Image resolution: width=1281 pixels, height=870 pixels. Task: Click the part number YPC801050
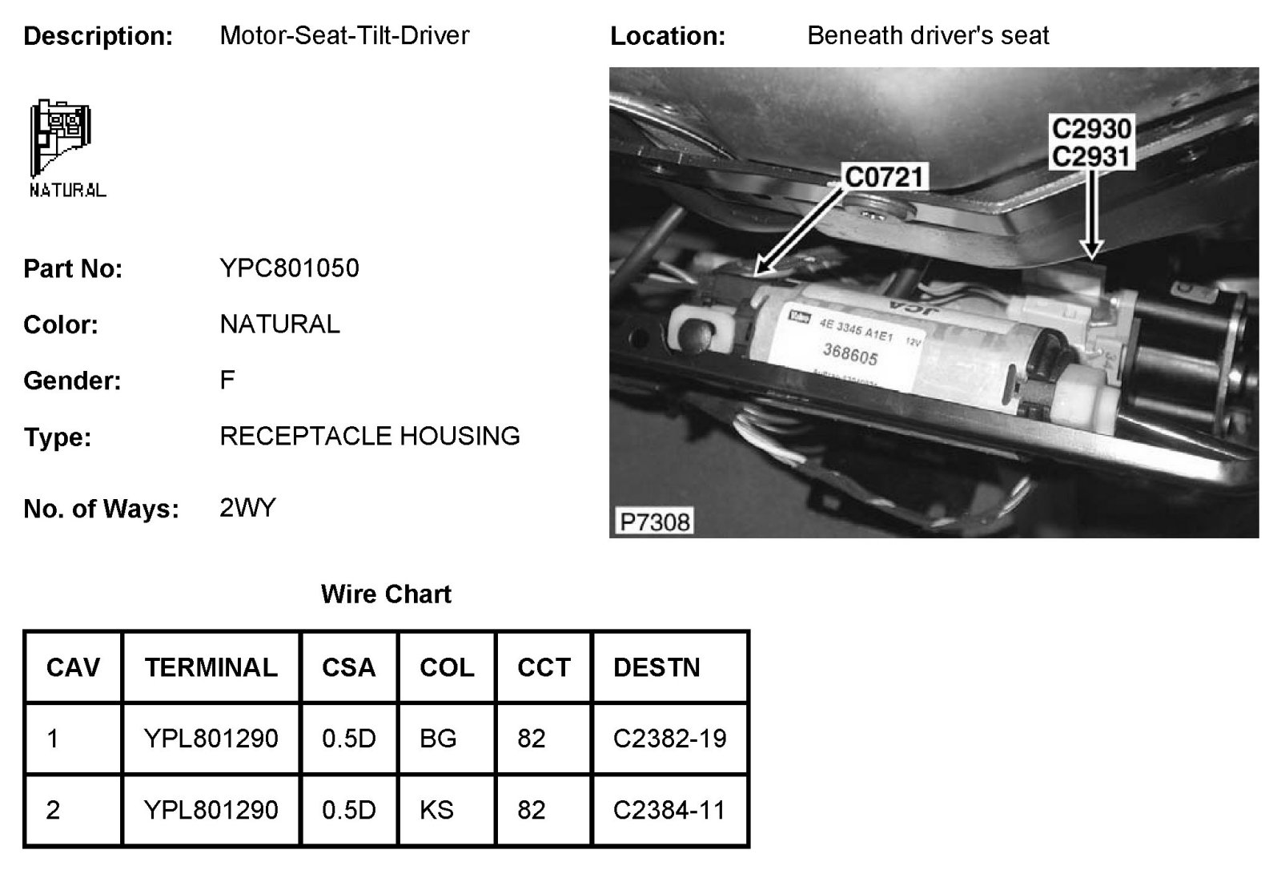(x=289, y=268)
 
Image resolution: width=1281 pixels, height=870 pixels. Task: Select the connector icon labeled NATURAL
(x=62, y=144)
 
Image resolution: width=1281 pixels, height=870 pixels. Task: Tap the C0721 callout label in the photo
(x=885, y=176)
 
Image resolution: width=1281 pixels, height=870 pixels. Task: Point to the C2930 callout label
(x=1091, y=129)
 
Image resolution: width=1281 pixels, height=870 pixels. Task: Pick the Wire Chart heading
(x=386, y=594)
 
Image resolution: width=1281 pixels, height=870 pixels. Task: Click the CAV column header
(x=73, y=667)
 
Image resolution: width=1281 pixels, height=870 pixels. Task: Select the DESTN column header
(x=657, y=667)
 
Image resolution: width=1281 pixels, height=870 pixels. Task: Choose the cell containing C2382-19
(x=669, y=738)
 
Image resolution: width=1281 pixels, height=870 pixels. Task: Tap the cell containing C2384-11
(x=669, y=810)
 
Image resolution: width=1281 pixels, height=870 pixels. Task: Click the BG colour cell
(x=438, y=738)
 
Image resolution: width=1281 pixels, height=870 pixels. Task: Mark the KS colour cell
(x=436, y=810)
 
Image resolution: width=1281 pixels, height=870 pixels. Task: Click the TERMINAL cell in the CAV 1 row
(x=211, y=738)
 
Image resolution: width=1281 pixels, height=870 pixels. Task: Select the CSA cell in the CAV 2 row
(x=348, y=810)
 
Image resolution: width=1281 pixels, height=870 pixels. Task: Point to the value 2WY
(x=247, y=508)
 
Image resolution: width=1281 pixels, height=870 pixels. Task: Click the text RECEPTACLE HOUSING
(x=370, y=436)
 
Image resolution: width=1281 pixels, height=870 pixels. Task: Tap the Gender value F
(x=227, y=379)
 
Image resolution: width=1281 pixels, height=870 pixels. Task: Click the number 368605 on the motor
(x=850, y=353)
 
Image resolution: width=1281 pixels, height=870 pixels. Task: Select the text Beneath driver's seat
(x=928, y=35)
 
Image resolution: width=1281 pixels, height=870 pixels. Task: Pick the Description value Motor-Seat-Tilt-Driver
(x=344, y=35)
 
